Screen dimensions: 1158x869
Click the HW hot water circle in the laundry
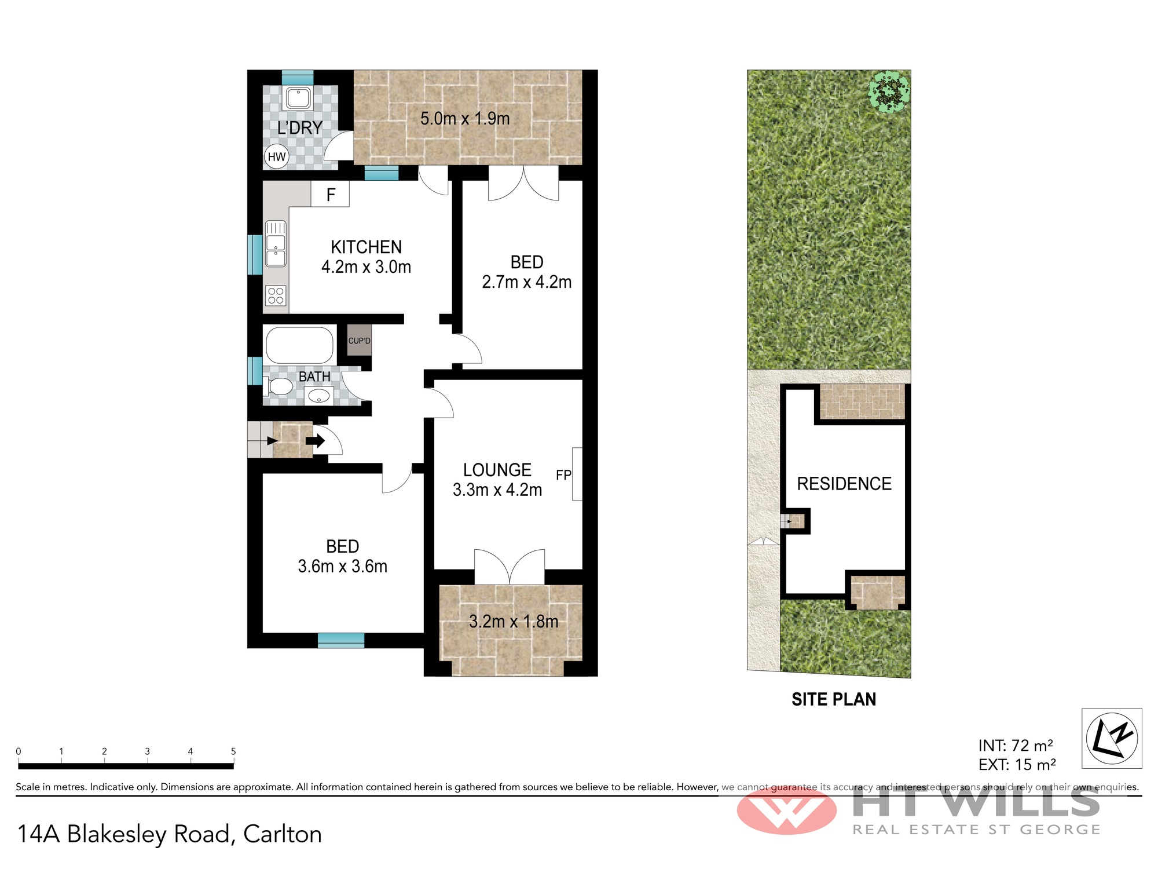click(x=277, y=156)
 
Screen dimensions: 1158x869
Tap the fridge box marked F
click(x=330, y=194)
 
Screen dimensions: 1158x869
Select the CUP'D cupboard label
click(x=359, y=341)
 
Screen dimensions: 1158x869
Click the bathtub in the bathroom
click(x=300, y=345)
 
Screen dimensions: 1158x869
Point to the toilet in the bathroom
click(x=278, y=386)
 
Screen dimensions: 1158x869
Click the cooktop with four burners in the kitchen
click(x=276, y=295)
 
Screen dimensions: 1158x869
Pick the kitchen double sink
click(x=276, y=243)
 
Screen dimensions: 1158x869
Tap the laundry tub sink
click(x=298, y=98)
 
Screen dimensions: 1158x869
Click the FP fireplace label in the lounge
click(x=563, y=475)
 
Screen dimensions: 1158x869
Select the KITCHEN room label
click(x=366, y=247)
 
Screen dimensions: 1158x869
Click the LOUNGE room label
click(x=497, y=470)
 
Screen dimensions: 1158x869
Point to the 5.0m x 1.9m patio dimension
click(x=465, y=119)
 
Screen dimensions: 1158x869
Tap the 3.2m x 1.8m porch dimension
click(x=514, y=622)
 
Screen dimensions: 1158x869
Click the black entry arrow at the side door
click(x=316, y=441)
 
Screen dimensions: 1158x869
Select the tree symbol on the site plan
click(x=889, y=92)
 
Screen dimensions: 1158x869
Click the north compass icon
click(x=1112, y=739)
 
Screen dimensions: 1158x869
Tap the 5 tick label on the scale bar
click(x=233, y=751)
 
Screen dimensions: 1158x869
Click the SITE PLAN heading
click(x=834, y=699)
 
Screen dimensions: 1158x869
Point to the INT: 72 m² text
click(x=1016, y=746)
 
